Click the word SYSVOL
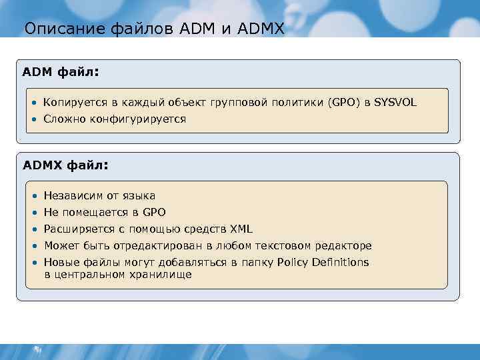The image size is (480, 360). click(395, 102)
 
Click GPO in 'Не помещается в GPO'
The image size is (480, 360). click(155, 213)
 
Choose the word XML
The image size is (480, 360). click(241, 229)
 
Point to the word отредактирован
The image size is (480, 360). click(153, 246)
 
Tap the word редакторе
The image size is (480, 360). click(345, 246)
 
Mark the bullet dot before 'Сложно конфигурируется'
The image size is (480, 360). click(33, 119)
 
